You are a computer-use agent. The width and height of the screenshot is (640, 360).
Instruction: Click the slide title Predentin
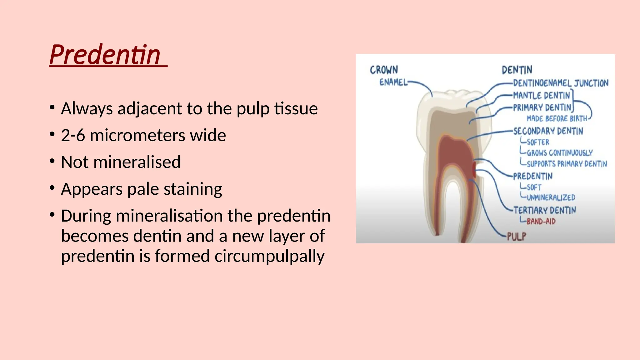(105, 55)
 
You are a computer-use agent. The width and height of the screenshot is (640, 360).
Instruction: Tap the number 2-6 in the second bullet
(73, 136)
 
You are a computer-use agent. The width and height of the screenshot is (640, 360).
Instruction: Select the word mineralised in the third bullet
(137, 162)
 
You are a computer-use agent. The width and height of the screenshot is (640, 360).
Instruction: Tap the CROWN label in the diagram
(384, 70)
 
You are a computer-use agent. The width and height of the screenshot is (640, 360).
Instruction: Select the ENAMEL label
(393, 82)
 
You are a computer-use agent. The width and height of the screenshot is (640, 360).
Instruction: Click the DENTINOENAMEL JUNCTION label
(561, 83)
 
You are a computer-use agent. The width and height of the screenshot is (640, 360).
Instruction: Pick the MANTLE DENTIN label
(542, 95)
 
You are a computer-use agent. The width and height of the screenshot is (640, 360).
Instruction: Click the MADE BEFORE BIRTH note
(557, 119)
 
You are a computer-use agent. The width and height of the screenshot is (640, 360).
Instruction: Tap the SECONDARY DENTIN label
(548, 131)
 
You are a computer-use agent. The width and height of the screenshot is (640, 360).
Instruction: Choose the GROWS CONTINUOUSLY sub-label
(559, 153)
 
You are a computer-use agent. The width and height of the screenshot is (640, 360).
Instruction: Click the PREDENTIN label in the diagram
(532, 176)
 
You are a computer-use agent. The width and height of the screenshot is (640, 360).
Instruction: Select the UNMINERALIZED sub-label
(551, 197)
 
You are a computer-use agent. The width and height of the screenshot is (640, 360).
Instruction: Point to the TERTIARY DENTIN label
(544, 210)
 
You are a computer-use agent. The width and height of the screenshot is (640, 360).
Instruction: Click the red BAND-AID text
(541, 222)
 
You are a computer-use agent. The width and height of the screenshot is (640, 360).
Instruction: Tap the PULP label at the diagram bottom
(516, 237)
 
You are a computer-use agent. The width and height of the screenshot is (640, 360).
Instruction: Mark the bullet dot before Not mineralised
(52, 162)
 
